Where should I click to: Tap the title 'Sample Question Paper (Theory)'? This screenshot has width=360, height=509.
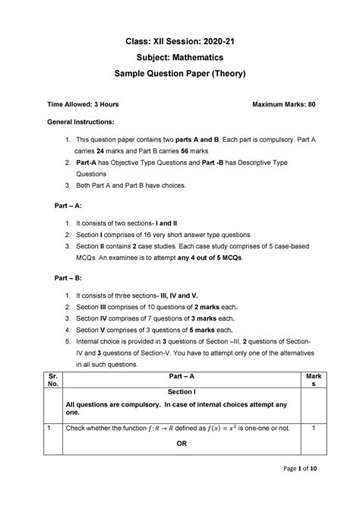click(181, 74)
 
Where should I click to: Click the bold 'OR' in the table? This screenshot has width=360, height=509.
click(181, 443)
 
